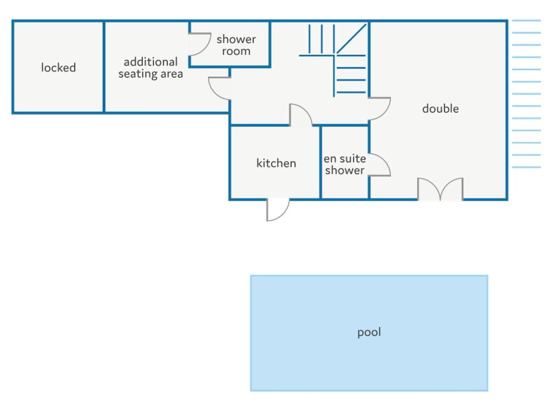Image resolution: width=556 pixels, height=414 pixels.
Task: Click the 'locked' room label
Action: coord(59,68)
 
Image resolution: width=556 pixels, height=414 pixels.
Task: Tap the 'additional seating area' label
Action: coord(151,68)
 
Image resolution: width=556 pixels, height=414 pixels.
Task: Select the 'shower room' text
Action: coord(236,45)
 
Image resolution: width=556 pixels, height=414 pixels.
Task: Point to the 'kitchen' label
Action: coord(276,163)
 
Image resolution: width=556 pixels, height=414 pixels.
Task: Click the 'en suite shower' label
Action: coord(345,165)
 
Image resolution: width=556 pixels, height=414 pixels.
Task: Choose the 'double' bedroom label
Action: coord(441,108)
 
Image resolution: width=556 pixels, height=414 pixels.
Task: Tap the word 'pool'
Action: coord(369,332)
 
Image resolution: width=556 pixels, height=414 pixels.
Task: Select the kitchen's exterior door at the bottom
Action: coord(277,210)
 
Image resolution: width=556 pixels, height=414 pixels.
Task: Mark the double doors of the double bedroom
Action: coord(441,189)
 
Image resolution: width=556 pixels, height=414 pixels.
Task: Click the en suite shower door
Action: coord(379,165)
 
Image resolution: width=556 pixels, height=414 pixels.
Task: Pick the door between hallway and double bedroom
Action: coord(379,109)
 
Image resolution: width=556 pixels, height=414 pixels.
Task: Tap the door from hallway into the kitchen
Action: coord(301,115)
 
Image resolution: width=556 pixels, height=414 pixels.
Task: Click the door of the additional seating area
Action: coord(220,88)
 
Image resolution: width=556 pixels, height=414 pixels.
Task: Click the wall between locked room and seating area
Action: coord(104,67)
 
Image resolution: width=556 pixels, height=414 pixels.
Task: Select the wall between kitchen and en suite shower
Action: coord(321,162)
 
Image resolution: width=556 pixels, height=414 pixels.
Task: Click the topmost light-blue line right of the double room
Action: coord(526,21)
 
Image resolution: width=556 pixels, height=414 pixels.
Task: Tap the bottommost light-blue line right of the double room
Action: coord(526,167)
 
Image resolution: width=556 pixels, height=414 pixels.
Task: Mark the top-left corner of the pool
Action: coord(252,276)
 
